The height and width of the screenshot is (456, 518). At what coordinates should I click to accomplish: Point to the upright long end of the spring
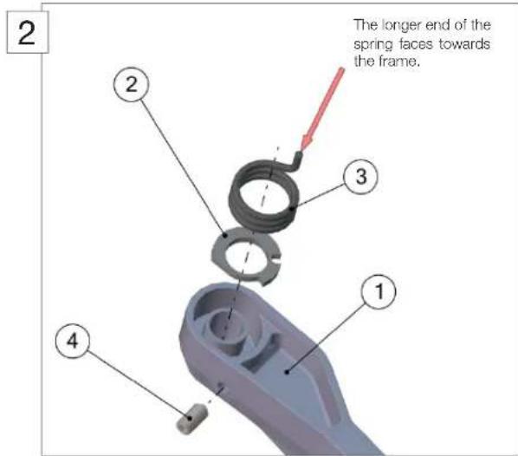coord(298,159)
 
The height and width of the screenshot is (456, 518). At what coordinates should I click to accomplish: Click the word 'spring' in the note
coord(372,43)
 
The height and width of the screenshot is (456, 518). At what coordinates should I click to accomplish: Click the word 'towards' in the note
coord(467,43)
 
